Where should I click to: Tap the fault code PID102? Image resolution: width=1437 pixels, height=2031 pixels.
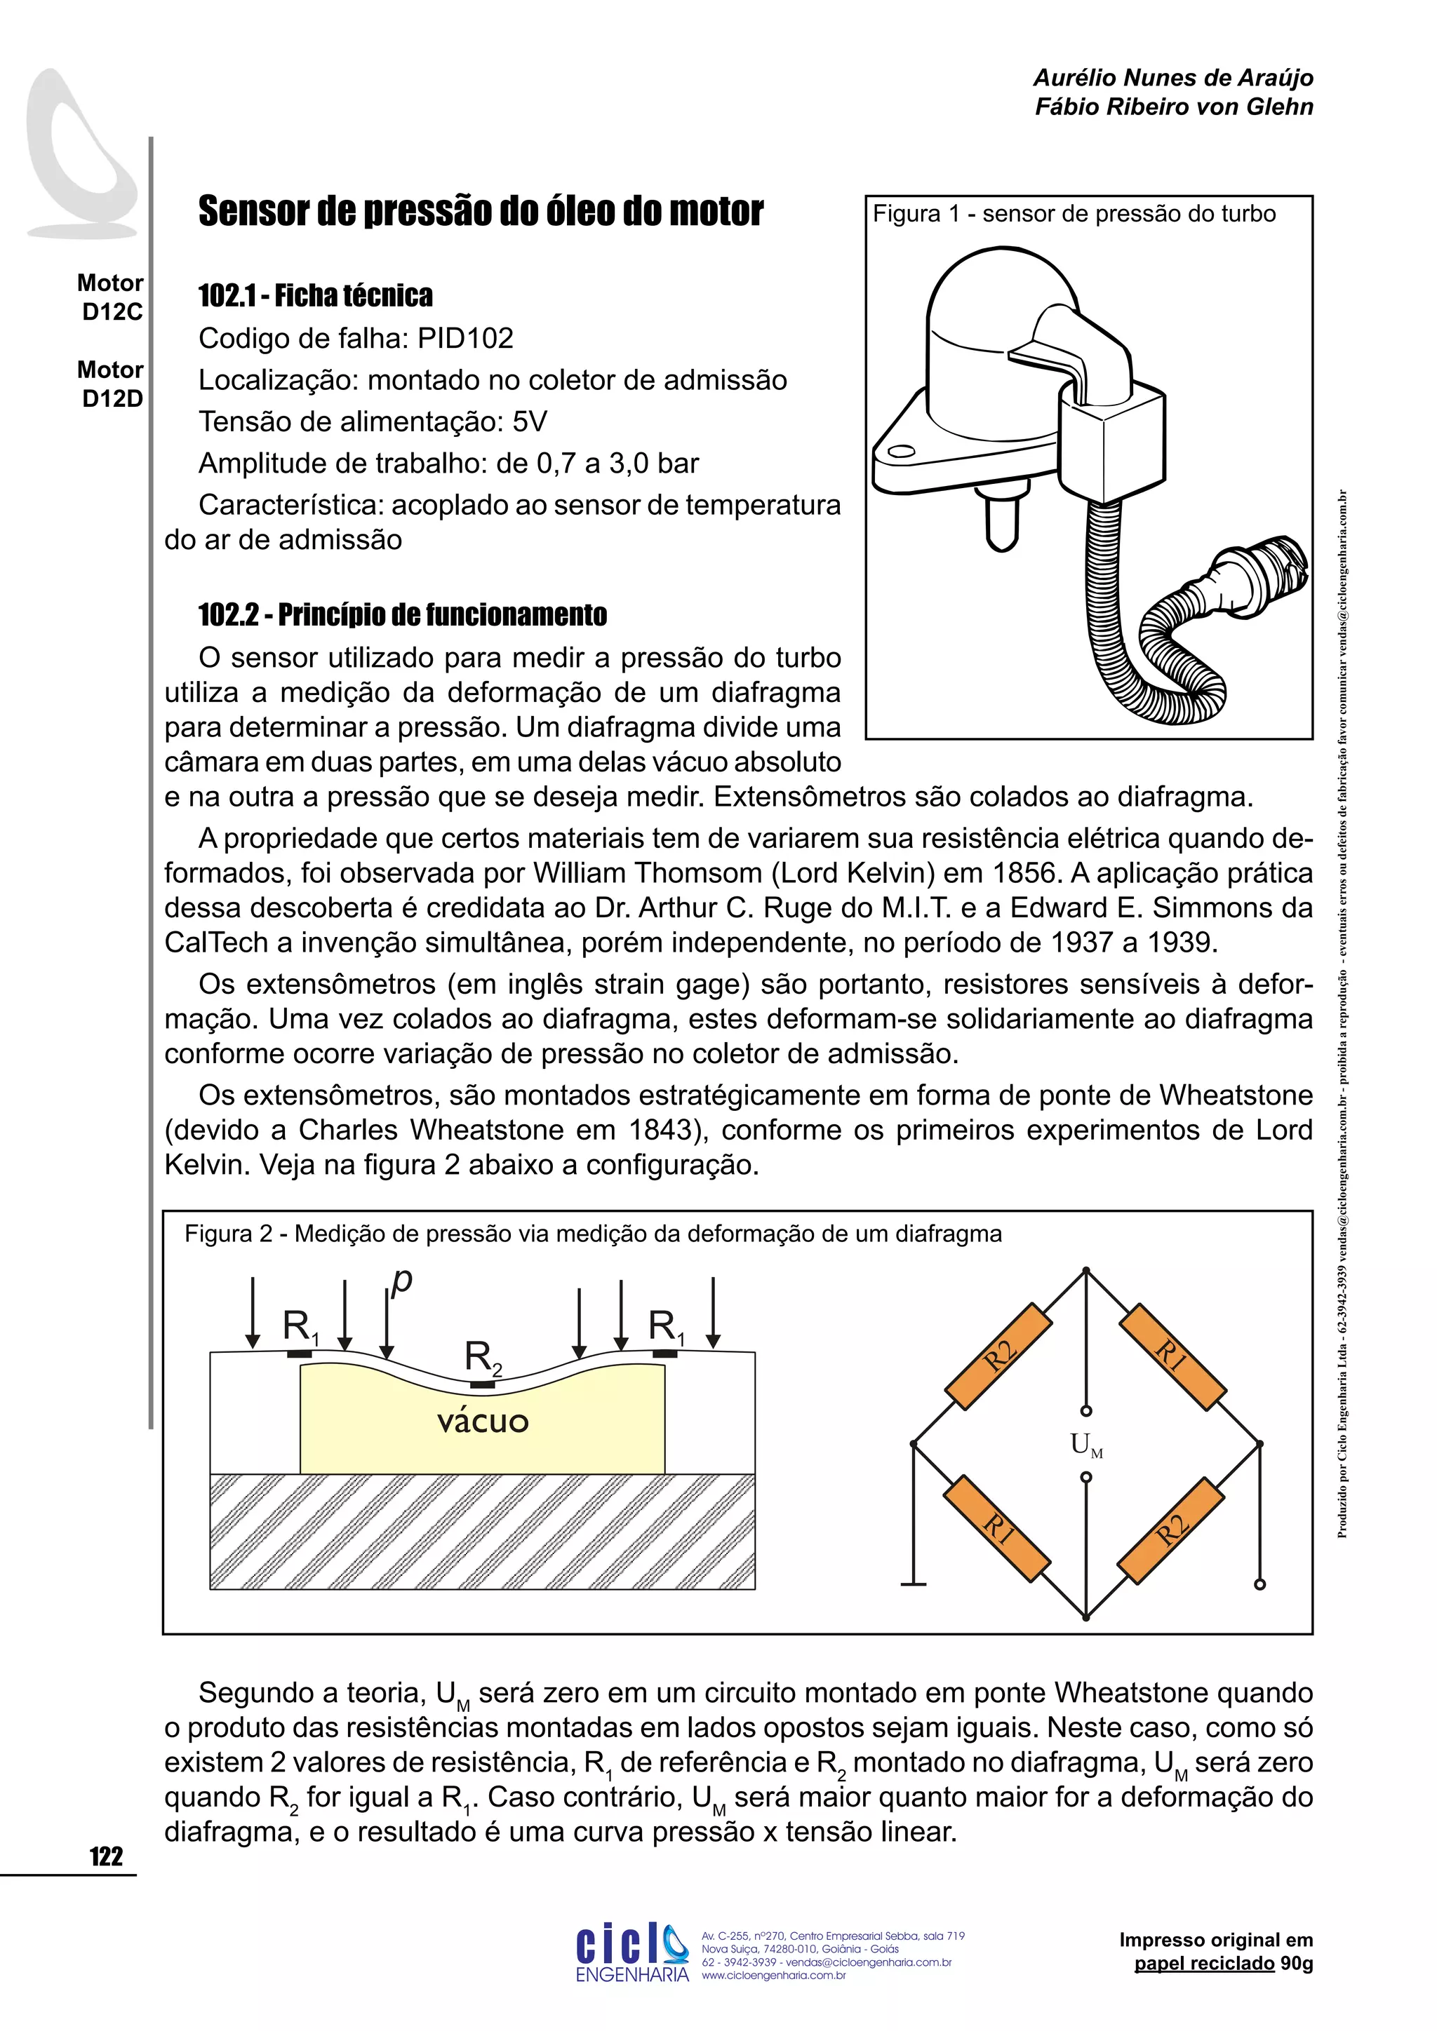pyautogui.click(x=465, y=338)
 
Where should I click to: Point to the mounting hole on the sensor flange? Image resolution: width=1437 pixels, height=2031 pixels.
pyautogui.click(x=901, y=452)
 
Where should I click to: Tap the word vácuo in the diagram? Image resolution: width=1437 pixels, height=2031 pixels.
pyautogui.click(x=483, y=1422)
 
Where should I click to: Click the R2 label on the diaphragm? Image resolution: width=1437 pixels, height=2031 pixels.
pyautogui.click(x=482, y=1358)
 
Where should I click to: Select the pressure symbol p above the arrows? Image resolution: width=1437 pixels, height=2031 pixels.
pyautogui.click(x=403, y=1280)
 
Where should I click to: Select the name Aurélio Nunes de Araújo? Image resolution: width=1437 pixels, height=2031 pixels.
pyautogui.click(x=1173, y=78)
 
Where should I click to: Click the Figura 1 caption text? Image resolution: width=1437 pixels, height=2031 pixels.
pyautogui.click(x=1074, y=213)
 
